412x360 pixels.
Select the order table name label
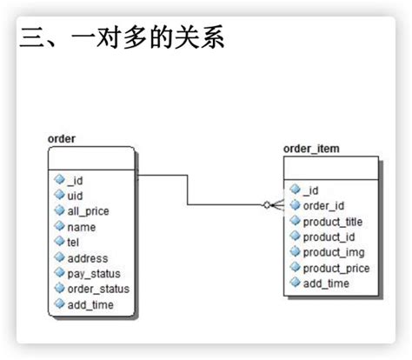pos(62,138)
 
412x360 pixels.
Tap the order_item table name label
pos(311,149)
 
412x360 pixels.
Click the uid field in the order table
pos(75,196)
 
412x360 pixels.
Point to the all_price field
pos(88,211)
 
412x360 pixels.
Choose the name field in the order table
pos(81,227)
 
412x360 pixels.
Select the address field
pos(87,258)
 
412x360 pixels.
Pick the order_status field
pos(97,289)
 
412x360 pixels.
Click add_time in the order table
pos(90,304)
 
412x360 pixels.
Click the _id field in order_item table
pos(311,190)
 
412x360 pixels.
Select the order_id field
pos(323,205)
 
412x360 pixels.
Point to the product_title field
pos(333,221)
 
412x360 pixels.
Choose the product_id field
pos(329,237)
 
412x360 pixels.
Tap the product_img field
pos(331,252)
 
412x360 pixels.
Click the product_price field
pos(336,268)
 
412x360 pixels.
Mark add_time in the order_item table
pos(325,283)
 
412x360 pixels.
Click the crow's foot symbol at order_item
pos(274,205)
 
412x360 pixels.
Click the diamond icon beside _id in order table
pos(59,181)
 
